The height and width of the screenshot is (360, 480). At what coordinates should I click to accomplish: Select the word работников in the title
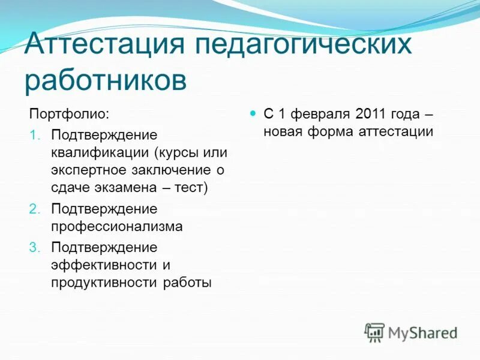pos(106,80)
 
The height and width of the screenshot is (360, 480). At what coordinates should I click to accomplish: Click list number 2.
pos(35,209)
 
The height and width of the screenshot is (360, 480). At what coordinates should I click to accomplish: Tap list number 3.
pos(35,247)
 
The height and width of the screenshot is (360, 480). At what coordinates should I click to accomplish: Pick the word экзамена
pos(125,188)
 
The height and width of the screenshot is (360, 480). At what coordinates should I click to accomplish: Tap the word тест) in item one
pos(191,188)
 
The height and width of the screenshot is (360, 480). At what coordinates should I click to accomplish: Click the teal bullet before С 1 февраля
pos(253,113)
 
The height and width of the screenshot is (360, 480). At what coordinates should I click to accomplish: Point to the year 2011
pos(371,113)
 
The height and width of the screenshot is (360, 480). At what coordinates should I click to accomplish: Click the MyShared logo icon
pos(375,332)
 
